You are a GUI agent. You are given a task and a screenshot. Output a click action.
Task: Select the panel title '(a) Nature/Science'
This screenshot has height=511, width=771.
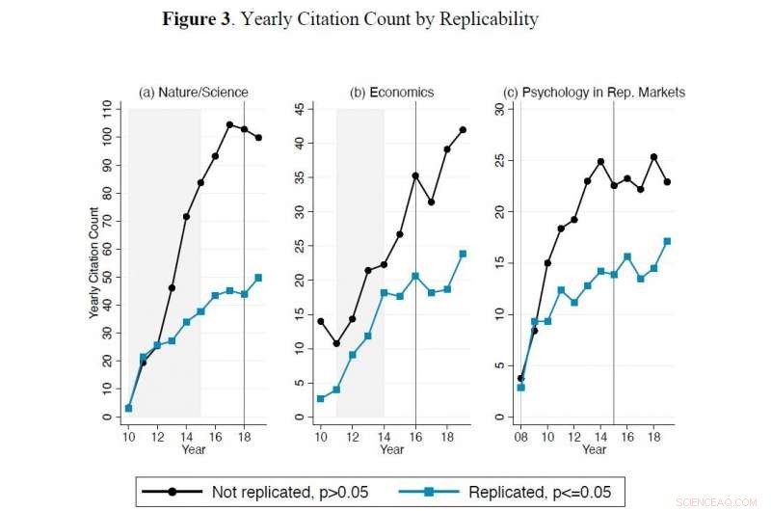point(193,93)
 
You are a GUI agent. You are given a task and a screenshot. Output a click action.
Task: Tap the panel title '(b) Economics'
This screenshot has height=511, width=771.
point(391,93)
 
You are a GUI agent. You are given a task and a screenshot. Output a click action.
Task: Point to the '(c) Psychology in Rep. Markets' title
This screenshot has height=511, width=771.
point(595,93)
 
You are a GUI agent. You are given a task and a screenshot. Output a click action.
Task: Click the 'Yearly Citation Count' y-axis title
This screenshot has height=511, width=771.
point(93,262)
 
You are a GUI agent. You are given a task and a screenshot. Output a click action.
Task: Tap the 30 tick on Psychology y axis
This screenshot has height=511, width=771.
point(499,109)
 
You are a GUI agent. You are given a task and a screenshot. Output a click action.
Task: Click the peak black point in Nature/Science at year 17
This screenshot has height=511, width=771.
point(229,124)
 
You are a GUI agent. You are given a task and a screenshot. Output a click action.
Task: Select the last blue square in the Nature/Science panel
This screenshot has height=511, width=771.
point(258,278)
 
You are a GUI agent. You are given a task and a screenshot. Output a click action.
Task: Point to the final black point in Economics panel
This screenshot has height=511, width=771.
point(463,129)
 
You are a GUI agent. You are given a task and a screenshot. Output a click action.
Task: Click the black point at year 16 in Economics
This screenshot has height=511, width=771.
point(415,175)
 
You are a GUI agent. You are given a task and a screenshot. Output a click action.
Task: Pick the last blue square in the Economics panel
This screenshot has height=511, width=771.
point(463,254)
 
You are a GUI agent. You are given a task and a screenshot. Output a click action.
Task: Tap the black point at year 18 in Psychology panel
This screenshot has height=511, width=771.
point(654,156)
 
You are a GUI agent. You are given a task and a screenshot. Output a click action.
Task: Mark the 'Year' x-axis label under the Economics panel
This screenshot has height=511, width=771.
point(391,449)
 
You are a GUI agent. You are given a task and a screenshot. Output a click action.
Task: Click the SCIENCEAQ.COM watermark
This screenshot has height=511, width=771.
point(725,501)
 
